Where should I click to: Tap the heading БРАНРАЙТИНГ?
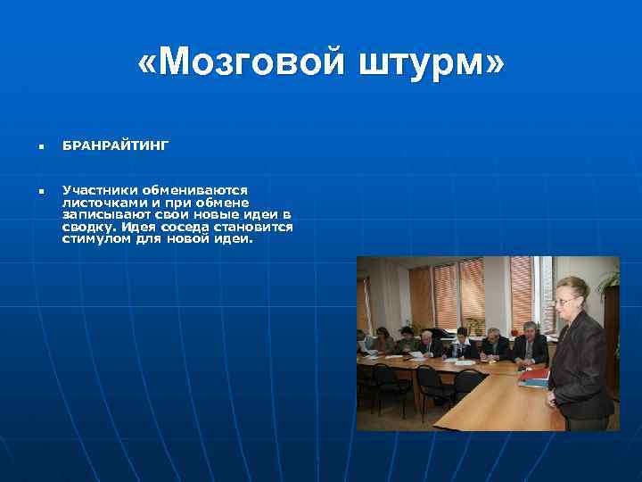115,145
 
